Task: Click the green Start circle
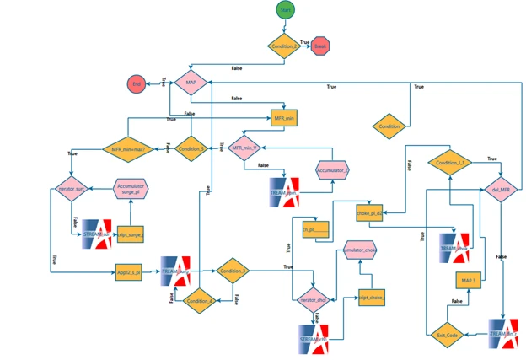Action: [285, 9]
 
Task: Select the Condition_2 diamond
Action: [285, 46]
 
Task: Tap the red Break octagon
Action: [319, 46]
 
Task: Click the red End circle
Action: [137, 83]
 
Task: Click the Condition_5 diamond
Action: [193, 149]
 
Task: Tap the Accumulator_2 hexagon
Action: [333, 171]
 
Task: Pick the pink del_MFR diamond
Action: [501, 190]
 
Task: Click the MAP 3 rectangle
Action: [470, 280]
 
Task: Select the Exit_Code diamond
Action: [444, 334]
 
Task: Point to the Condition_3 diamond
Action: [233, 271]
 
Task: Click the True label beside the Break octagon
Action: [304, 41]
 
